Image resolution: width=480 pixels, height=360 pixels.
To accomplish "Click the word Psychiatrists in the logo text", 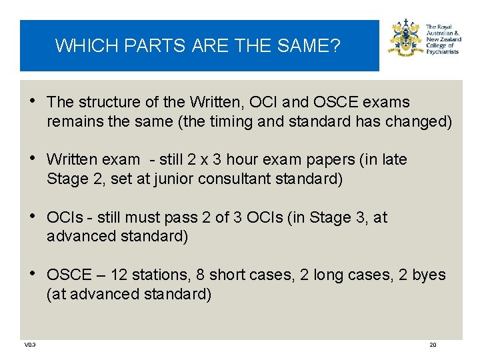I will coord(442,52).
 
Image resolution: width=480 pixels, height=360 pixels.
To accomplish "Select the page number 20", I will coord(433,345).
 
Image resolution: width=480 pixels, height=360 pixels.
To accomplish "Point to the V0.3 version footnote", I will coord(30,345).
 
